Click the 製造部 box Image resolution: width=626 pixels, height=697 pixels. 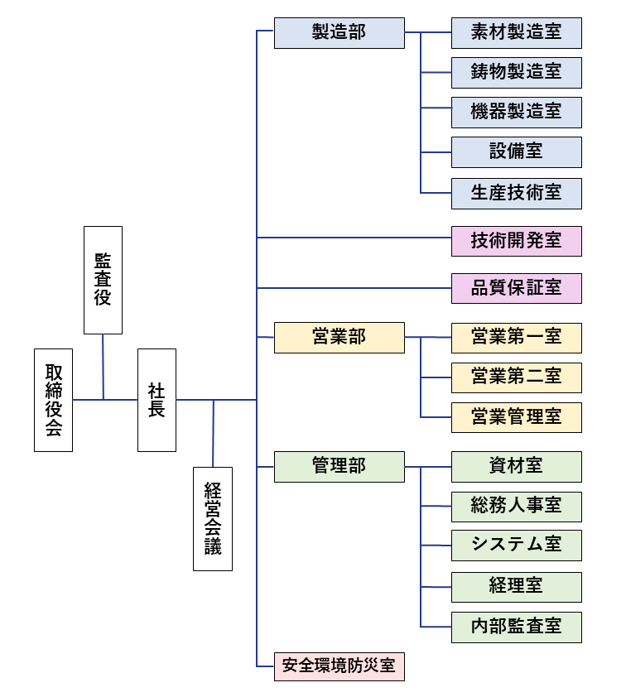339,32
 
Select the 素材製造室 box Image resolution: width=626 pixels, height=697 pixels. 517,32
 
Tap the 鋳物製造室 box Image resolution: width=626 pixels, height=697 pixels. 517,72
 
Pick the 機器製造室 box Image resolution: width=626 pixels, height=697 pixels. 517,112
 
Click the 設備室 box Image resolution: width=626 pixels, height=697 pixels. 517,152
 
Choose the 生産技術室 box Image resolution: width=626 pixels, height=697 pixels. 517,193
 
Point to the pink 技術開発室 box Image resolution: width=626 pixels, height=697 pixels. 517,241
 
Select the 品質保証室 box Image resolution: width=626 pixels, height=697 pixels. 517,288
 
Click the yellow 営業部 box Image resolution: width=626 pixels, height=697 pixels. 339,338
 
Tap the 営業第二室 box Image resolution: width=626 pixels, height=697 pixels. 517,377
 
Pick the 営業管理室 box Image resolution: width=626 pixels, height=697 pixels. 517,417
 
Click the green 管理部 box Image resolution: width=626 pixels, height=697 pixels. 339,467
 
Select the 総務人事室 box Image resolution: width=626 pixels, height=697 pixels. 517,507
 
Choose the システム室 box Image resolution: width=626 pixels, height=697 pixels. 517,546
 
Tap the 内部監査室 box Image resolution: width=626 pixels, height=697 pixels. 517,627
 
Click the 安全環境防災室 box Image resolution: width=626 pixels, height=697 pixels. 339,666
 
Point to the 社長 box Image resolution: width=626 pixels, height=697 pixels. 156,400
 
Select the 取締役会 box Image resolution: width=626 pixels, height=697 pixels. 53,400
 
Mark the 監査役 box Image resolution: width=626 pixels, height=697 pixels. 103,280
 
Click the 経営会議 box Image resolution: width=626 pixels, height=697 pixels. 213,519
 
